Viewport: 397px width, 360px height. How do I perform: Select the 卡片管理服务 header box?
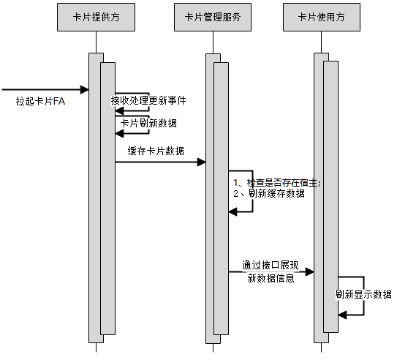click(212, 18)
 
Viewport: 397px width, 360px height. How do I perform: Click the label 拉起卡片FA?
click(40, 102)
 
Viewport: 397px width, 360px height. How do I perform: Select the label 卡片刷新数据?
click(148, 123)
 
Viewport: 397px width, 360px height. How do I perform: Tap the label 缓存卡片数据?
click(155, 151)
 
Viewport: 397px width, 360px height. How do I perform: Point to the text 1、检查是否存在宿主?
click(276, 181)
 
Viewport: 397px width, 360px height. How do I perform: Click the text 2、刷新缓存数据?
click(268, 194)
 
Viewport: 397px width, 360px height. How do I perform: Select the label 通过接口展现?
click(271, 264)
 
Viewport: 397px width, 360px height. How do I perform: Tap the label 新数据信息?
click(271, 278)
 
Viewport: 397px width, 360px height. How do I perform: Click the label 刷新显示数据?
click(363, 295)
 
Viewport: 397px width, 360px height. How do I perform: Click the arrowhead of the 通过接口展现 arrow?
click(310, 271)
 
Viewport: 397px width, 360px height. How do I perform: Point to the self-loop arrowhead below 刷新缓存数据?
click(233, 211)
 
